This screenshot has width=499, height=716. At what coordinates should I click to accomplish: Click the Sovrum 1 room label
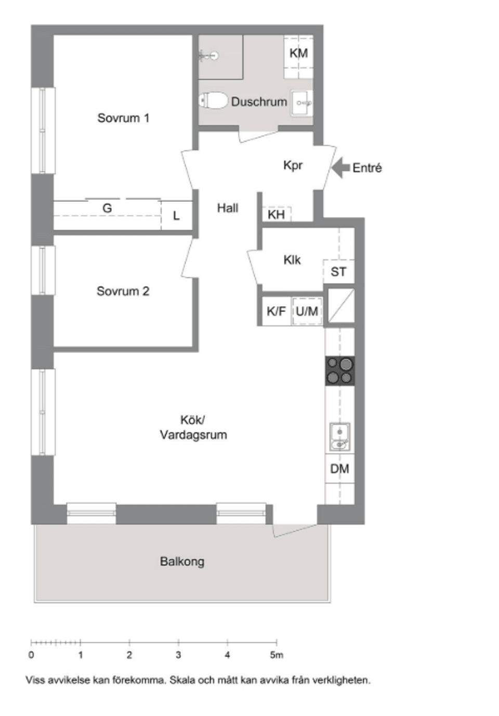(123, 118)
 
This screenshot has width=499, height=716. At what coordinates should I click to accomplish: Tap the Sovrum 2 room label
(123, 291)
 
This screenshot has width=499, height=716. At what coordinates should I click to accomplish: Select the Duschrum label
(258, 102)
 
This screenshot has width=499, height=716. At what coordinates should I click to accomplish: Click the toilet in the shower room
(214, 100)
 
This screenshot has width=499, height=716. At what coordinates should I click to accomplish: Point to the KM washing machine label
(298, 53)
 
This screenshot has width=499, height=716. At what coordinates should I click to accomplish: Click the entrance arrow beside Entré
(340, 168)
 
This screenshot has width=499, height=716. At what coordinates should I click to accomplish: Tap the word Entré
(367, 168)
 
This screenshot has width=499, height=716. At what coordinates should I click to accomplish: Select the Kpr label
(293, 165)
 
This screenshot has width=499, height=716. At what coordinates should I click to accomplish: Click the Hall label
(228, 208)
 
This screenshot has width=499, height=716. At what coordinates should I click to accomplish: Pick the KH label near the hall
(276, 214)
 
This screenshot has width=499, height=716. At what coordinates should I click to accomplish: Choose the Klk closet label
(292, 259)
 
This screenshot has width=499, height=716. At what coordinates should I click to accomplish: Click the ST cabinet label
(338, 271)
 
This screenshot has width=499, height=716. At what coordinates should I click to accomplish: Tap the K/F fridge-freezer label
(276, 311)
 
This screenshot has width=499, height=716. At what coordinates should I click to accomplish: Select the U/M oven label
(307, 311)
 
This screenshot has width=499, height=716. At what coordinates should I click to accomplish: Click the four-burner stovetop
(340, 371)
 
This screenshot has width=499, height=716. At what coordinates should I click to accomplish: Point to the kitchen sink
(339, 437)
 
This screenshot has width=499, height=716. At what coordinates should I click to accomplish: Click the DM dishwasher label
(339, 468)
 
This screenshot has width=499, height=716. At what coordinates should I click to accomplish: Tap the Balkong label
(182, 562)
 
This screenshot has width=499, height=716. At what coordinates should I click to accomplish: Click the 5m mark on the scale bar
(277, 655)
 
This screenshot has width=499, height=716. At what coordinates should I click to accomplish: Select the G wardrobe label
(107, 208)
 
